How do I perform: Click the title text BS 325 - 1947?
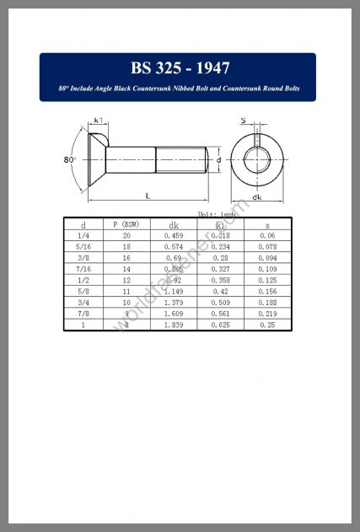180,68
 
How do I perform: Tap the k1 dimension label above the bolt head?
99,121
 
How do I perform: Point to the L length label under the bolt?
148,196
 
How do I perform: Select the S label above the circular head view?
244,121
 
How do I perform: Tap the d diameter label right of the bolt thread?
218,159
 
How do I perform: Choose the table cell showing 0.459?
174,237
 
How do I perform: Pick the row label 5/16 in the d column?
83,248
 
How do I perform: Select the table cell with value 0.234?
221,248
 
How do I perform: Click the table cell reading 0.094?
267,259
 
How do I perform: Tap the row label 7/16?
83,270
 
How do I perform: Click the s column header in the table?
267,225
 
